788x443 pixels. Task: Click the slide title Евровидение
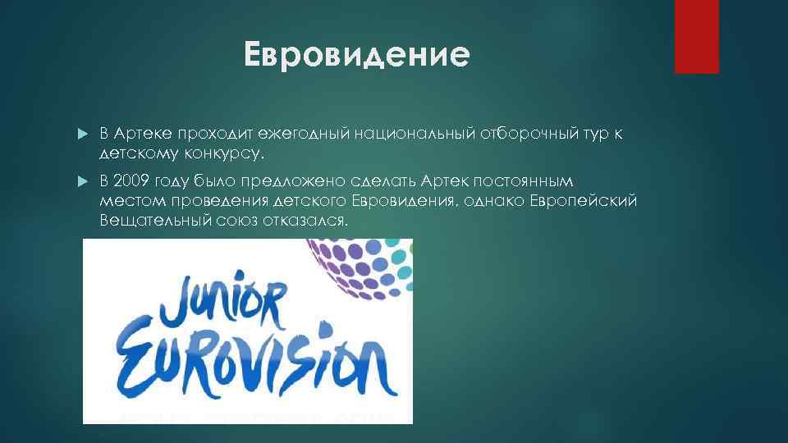coord(357,56)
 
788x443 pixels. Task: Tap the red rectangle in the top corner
coord(696,36)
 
